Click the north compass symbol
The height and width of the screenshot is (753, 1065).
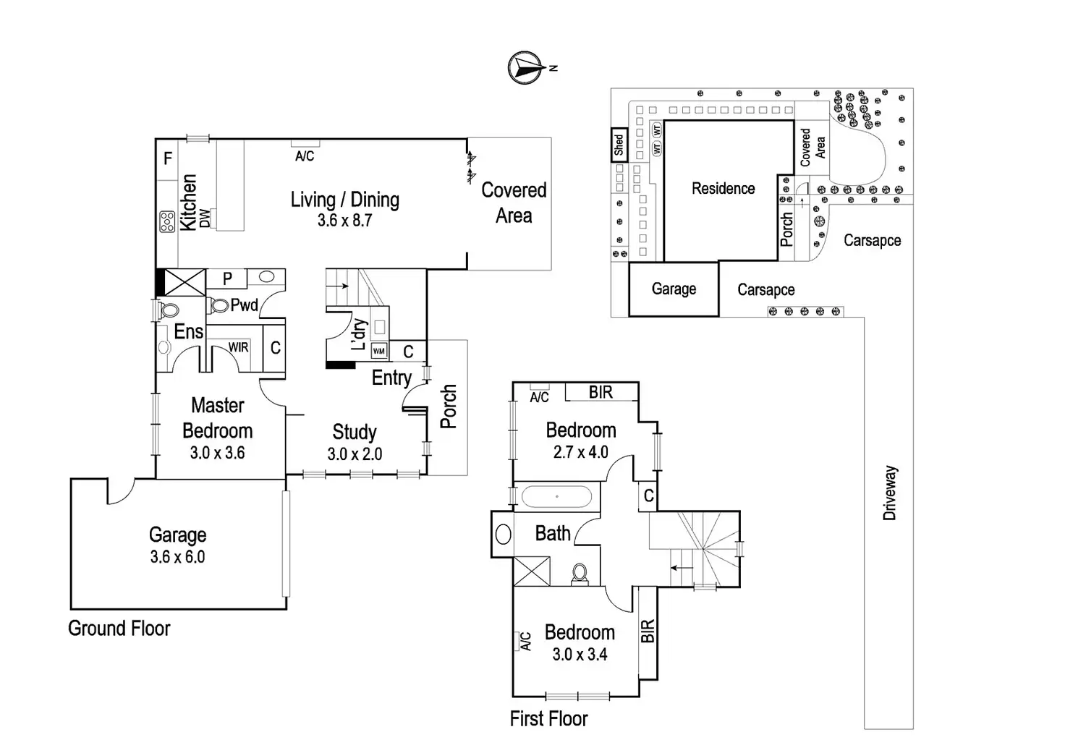[x=527, y=67]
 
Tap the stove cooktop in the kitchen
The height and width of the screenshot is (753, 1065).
[x=167, y=221]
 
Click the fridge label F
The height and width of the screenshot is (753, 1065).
[x=168, y=158]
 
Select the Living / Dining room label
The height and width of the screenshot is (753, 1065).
[x=344, y=200]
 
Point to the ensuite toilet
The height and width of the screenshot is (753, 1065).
[x=169, y=310]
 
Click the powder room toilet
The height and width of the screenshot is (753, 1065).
[x=218, y=305]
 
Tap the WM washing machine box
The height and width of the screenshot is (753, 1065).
[x=379, y=352]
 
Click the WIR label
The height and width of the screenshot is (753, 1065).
[x=239, y=348]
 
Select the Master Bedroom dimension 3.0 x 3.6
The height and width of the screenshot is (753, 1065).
[x=217, y=454]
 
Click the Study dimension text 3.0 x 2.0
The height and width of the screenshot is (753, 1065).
[x=355, y=454]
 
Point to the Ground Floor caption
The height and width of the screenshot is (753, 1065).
[x=119, y=628]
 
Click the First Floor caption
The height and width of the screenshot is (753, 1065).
[x=548, y=718]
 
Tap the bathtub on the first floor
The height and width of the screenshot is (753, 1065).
[x=556, y=497]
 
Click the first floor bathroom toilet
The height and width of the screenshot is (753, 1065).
[x=580, y=573]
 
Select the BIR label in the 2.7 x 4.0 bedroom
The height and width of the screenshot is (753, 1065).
[x=601, y=392]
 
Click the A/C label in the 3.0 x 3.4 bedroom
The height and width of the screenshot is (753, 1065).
[x=526, y=641]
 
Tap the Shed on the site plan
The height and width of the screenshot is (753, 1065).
[x=619, y=145]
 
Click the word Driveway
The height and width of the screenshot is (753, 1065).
[x=890, y=493]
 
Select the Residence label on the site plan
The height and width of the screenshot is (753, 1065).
[x=723, y=189]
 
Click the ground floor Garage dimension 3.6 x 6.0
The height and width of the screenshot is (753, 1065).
[x=177, y=557]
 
